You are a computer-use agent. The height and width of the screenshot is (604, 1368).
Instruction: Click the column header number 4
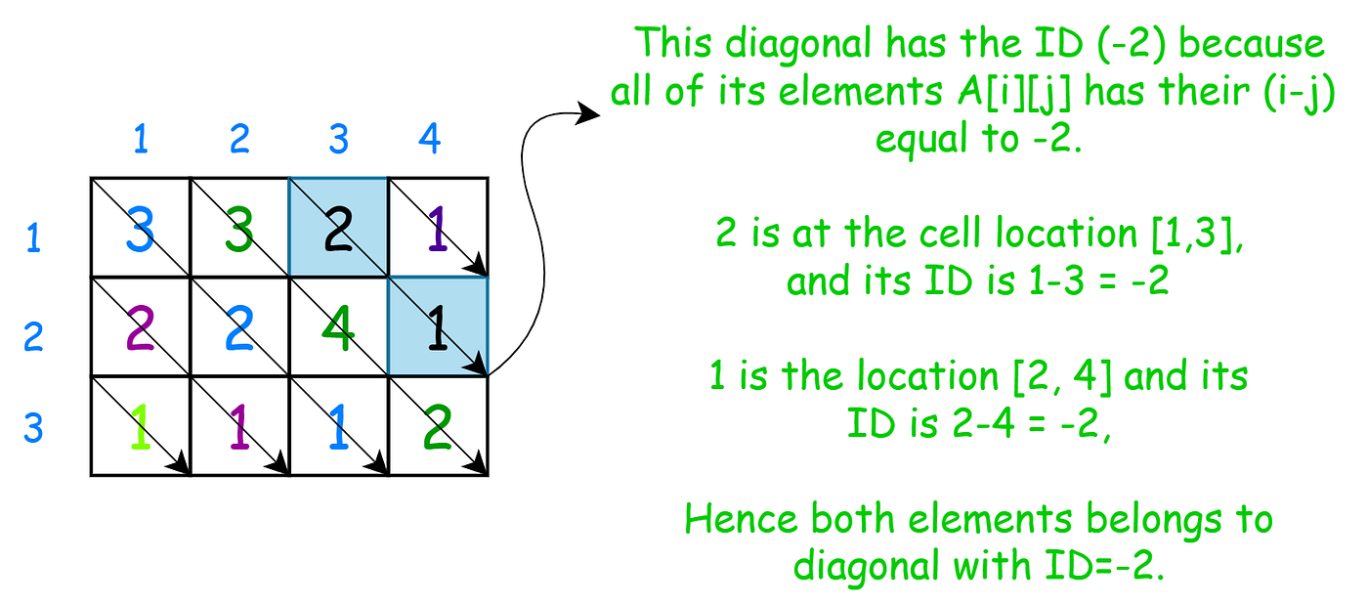point(429,140)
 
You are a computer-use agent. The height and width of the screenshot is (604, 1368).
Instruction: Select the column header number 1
point(140,140)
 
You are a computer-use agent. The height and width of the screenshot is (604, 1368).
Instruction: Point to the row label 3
point(33,427)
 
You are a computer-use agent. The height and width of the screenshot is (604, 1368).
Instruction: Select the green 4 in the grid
point(339,329)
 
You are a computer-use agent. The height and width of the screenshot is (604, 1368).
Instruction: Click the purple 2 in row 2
point(141,329)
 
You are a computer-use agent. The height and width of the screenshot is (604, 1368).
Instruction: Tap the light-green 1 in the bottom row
point(141,427)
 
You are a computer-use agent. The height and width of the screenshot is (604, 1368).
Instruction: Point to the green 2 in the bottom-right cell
point(438,427)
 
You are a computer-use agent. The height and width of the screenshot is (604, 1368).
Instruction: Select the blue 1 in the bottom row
point(338,427)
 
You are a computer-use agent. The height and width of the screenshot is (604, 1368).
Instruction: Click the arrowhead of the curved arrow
point(589,112)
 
